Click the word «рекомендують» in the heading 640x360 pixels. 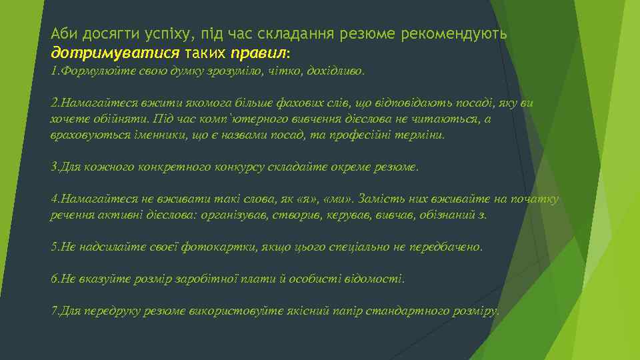455,33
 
